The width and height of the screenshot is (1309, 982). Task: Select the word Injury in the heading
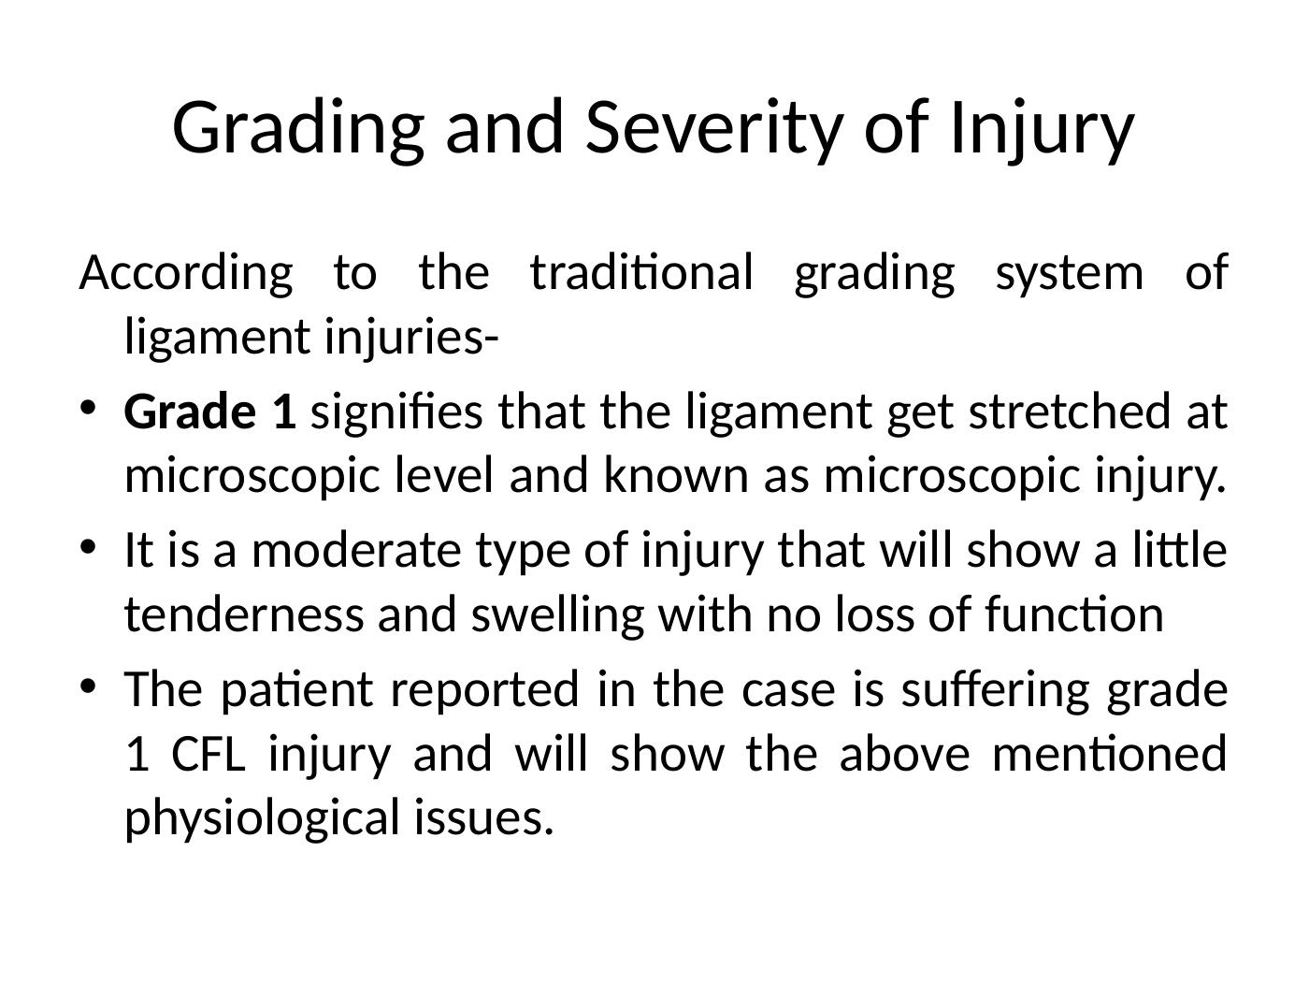1040,128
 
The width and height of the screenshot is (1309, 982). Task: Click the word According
186,274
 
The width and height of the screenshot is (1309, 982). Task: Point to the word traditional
640,274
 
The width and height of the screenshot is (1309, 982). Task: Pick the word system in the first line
1068,274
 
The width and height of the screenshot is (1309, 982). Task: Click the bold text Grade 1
210,412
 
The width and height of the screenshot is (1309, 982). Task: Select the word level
444,476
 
